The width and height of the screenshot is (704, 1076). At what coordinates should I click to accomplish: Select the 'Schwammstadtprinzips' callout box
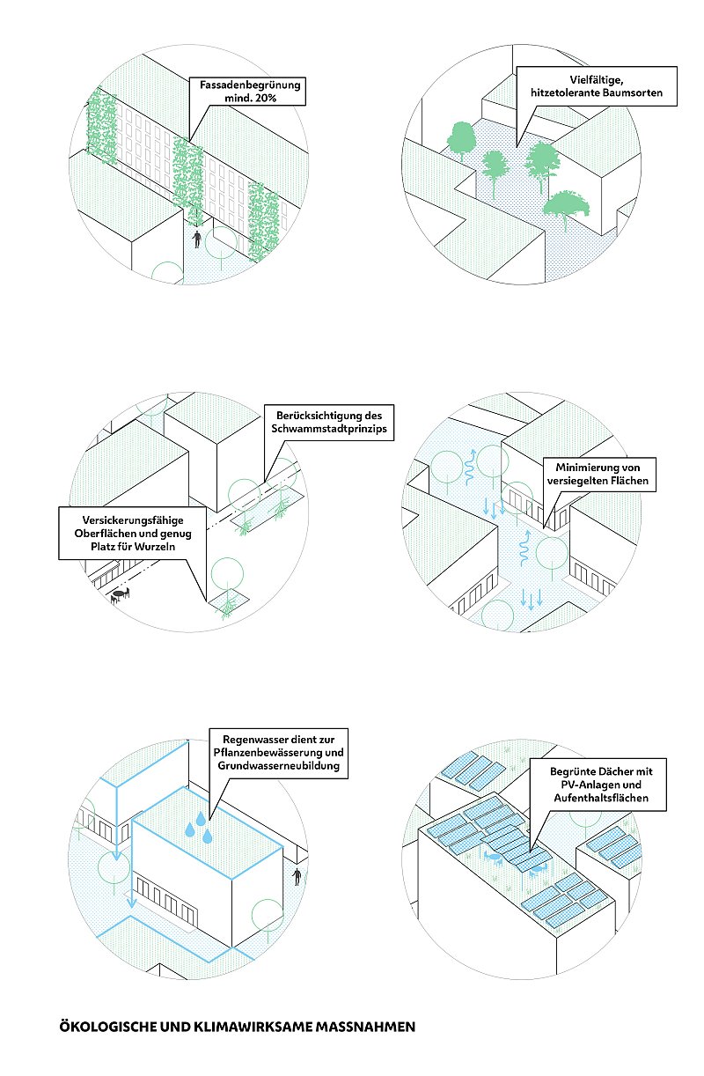(327, 423)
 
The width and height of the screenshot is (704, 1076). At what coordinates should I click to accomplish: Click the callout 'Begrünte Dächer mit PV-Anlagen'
(598, 784)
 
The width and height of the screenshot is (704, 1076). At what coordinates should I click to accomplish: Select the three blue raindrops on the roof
(198, 830)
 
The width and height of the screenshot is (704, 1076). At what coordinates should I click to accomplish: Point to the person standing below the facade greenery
(198, 239)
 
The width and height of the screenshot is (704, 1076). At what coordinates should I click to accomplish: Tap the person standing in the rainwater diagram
(298, 877)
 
